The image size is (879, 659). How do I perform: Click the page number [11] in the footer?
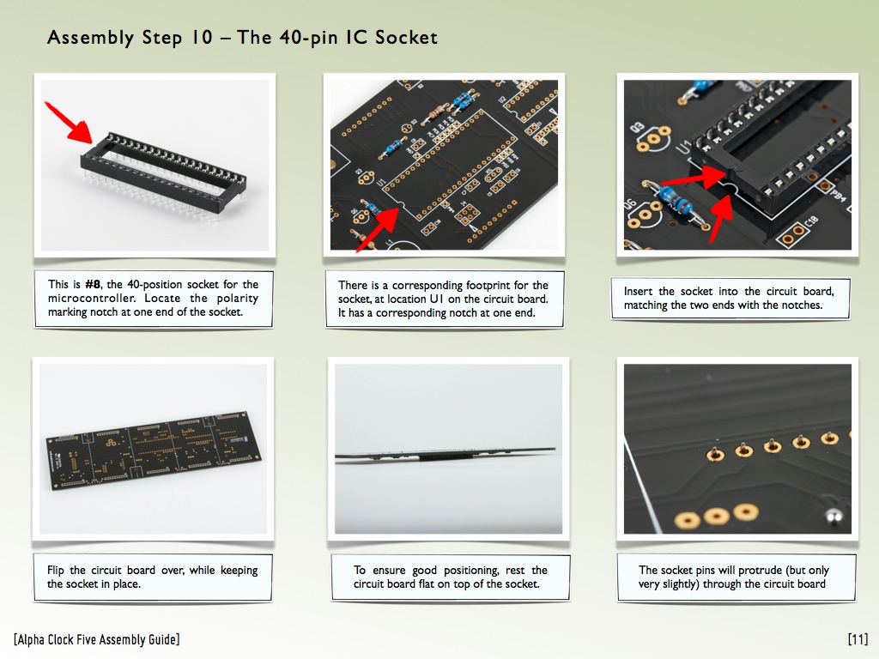(858, 639)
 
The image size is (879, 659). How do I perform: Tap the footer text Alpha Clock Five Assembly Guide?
(97, 639)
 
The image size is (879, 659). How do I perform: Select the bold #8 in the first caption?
(93, 284)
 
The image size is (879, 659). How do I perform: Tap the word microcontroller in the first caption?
(91, 298)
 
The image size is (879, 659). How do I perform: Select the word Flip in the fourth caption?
(56, 571)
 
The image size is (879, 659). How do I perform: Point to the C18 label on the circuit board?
(810, 224)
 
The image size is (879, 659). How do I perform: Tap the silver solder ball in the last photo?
(834, 516)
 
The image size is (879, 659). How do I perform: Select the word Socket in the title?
(406, 38)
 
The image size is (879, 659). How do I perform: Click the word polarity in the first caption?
(238, 299)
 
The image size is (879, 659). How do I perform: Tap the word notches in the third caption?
(803, 305)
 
